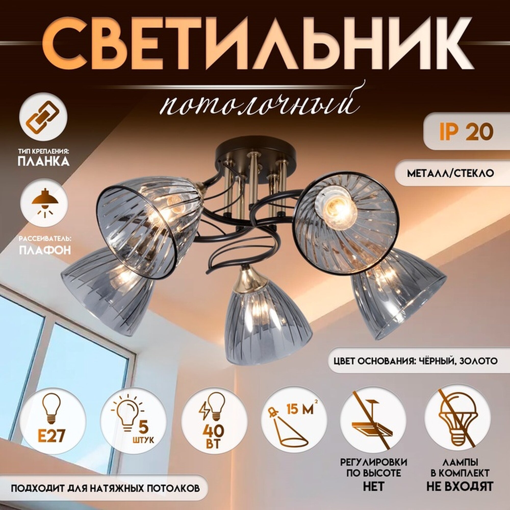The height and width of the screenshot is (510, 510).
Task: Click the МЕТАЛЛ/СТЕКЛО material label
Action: pyautogui.click(x=450, y=173)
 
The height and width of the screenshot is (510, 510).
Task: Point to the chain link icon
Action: pyautogui.click(x=43, y=117)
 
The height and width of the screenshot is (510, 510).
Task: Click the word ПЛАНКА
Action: pyautogui.click(x=44, y=161)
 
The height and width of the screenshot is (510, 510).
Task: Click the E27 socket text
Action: pyautogui.click(x=51, y=435)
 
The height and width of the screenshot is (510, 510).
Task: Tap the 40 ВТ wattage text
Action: pyautogui.click(x=213, y=436)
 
